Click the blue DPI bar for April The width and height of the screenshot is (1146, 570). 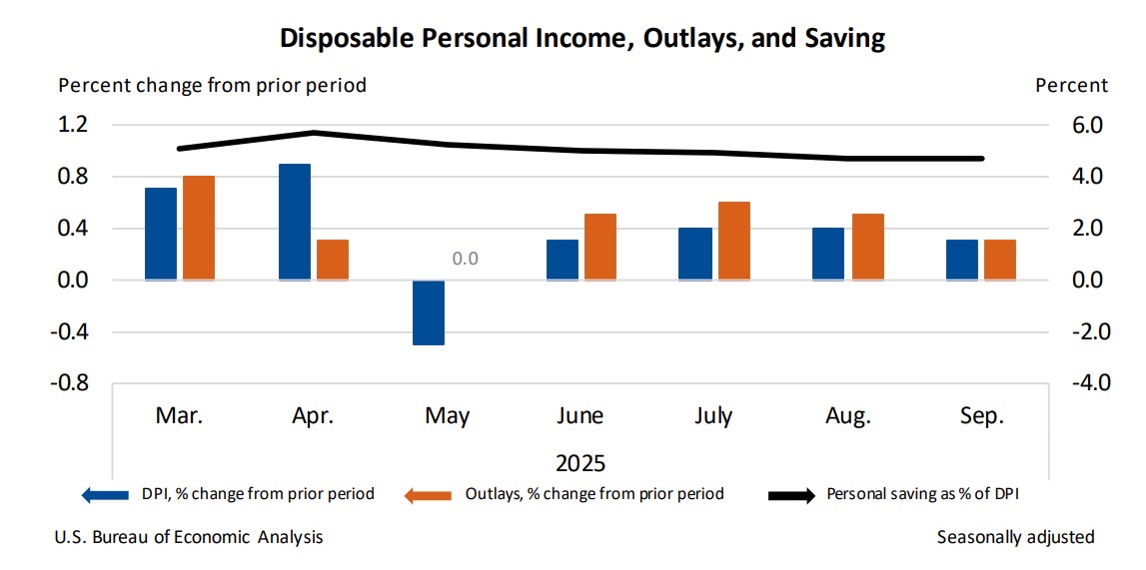(x=295, y=222)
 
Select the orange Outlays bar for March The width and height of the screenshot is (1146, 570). (x=199, y=228)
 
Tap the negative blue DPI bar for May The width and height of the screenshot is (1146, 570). (x=429, y=312)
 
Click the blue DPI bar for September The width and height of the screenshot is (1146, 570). (x=962, y=260)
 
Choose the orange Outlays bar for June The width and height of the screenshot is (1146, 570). (x=600, y=247)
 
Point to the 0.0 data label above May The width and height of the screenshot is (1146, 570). (x=466, y=259)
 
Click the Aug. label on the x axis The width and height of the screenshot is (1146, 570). (x=848, y=416)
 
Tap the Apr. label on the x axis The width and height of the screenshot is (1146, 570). (x=313, y=416)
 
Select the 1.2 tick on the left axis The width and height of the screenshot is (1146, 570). (x=74, y=125)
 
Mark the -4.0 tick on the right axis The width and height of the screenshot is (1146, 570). (x=1085, y=383)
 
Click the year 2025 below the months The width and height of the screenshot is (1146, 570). (x=580, y=463)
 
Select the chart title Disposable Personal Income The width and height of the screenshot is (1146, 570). (x=582, y=39)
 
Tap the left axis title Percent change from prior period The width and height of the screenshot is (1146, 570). (x=213, y=85)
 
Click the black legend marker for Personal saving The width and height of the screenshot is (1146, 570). (x=792, y=494)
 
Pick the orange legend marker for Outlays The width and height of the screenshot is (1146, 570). (x=431, y=494)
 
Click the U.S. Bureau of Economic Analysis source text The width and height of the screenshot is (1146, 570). (x=190, y=537)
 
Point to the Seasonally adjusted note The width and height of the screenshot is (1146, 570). (x=1015, y=537)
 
